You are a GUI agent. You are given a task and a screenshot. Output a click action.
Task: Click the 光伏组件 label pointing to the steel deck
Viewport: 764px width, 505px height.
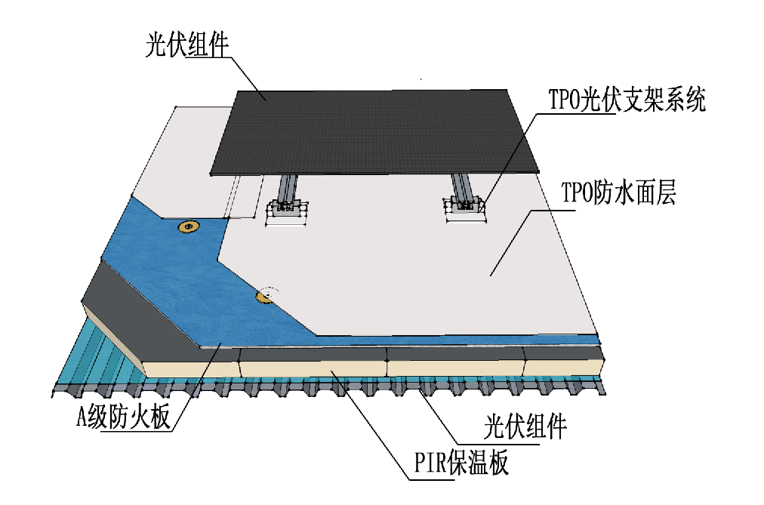click(524, 428)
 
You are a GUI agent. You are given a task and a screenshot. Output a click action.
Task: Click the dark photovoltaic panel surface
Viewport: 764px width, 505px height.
click(377, 128)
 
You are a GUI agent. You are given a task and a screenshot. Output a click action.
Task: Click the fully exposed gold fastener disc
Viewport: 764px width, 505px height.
click(186, 226)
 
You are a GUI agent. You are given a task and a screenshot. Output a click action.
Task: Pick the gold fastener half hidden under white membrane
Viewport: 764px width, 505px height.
click(264, 297)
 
